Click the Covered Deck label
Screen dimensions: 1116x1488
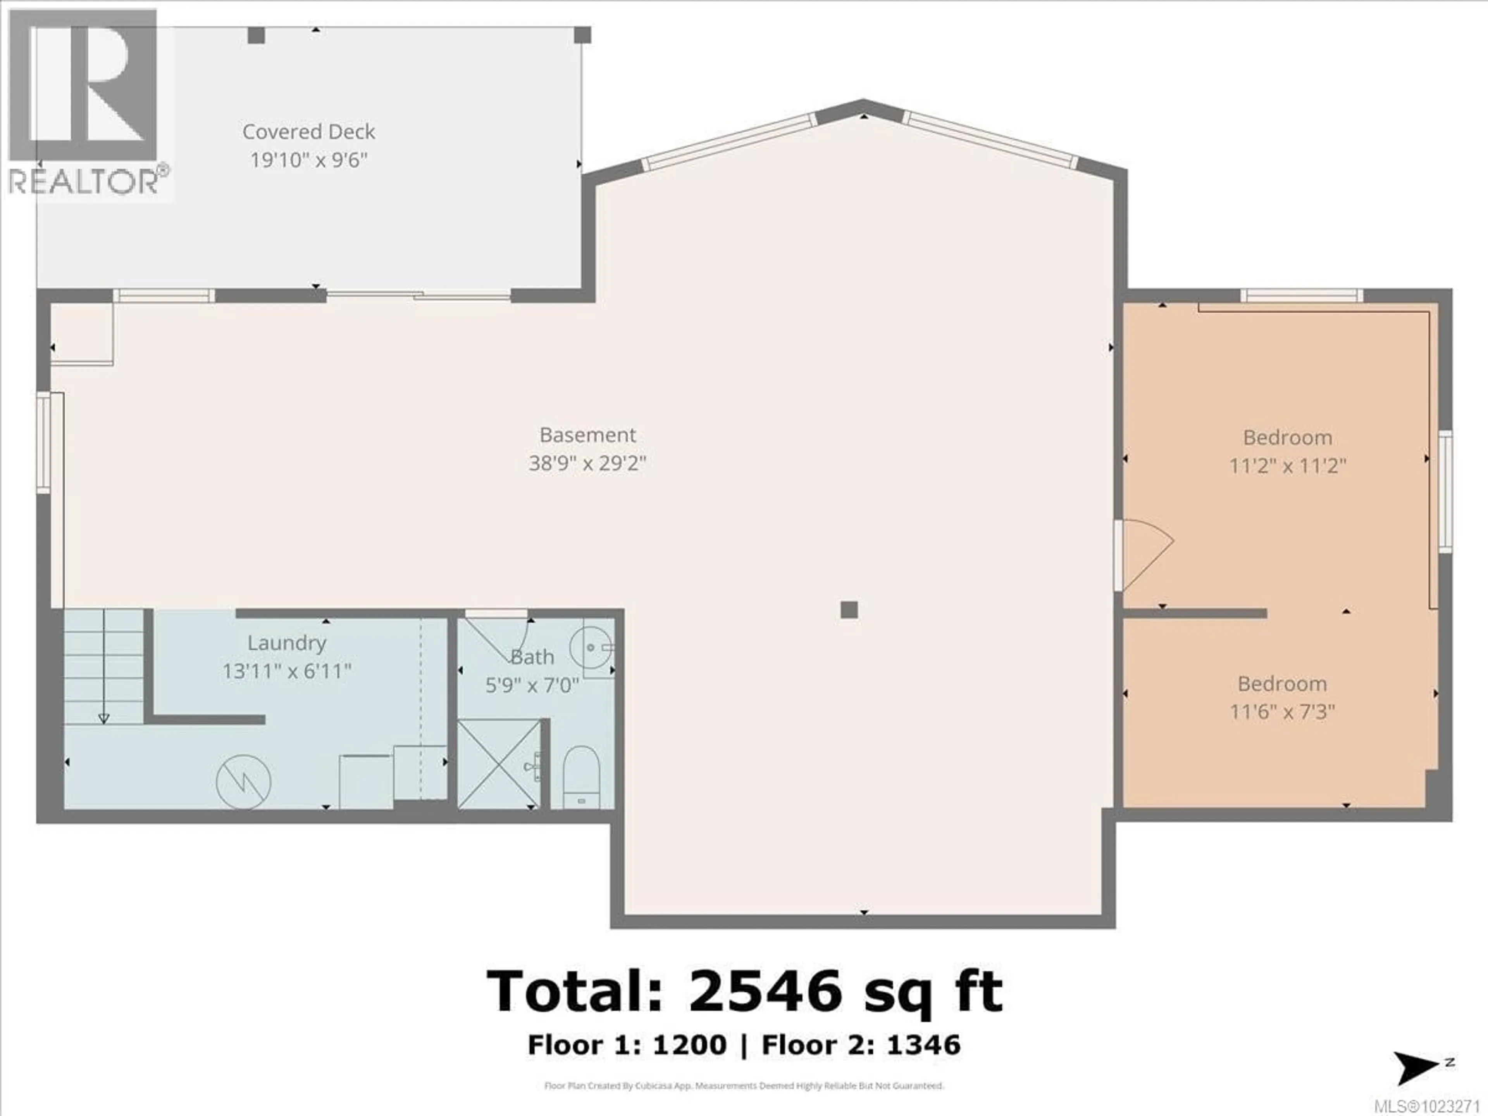click(309, 132)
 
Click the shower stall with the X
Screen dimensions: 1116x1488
click(498, 763)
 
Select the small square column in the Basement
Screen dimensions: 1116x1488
click(849, 610)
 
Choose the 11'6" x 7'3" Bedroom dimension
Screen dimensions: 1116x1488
click(1282, 712)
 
